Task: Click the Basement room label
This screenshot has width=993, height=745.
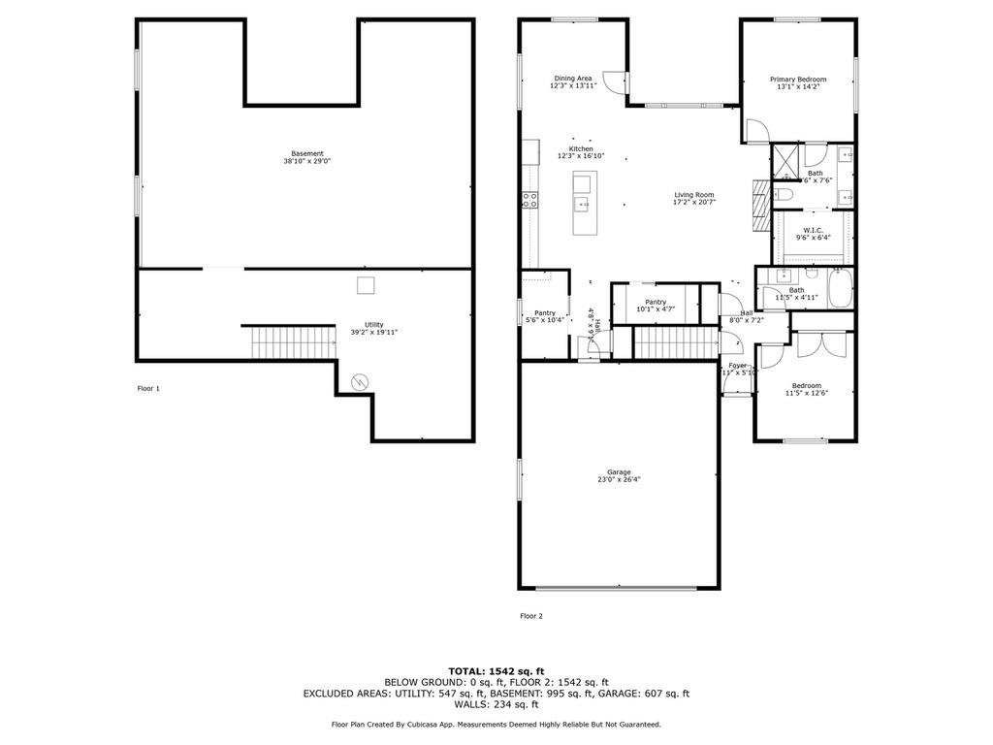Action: [307, 157]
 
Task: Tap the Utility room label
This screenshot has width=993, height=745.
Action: [373, 328]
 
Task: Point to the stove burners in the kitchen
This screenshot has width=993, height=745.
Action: [530, 201]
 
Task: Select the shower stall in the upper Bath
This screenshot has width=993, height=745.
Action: [786, 160]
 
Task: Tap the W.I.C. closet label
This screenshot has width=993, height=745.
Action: [813, 233]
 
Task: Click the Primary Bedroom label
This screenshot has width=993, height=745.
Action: [798, 82]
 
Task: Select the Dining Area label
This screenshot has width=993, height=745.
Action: [572, 81]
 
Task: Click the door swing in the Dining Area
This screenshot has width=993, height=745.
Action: [613, 82]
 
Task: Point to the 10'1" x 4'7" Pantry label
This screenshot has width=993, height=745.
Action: [656, 306]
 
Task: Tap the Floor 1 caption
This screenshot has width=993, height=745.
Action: [148, 388]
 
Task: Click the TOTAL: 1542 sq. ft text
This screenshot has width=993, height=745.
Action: [496, 670]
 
